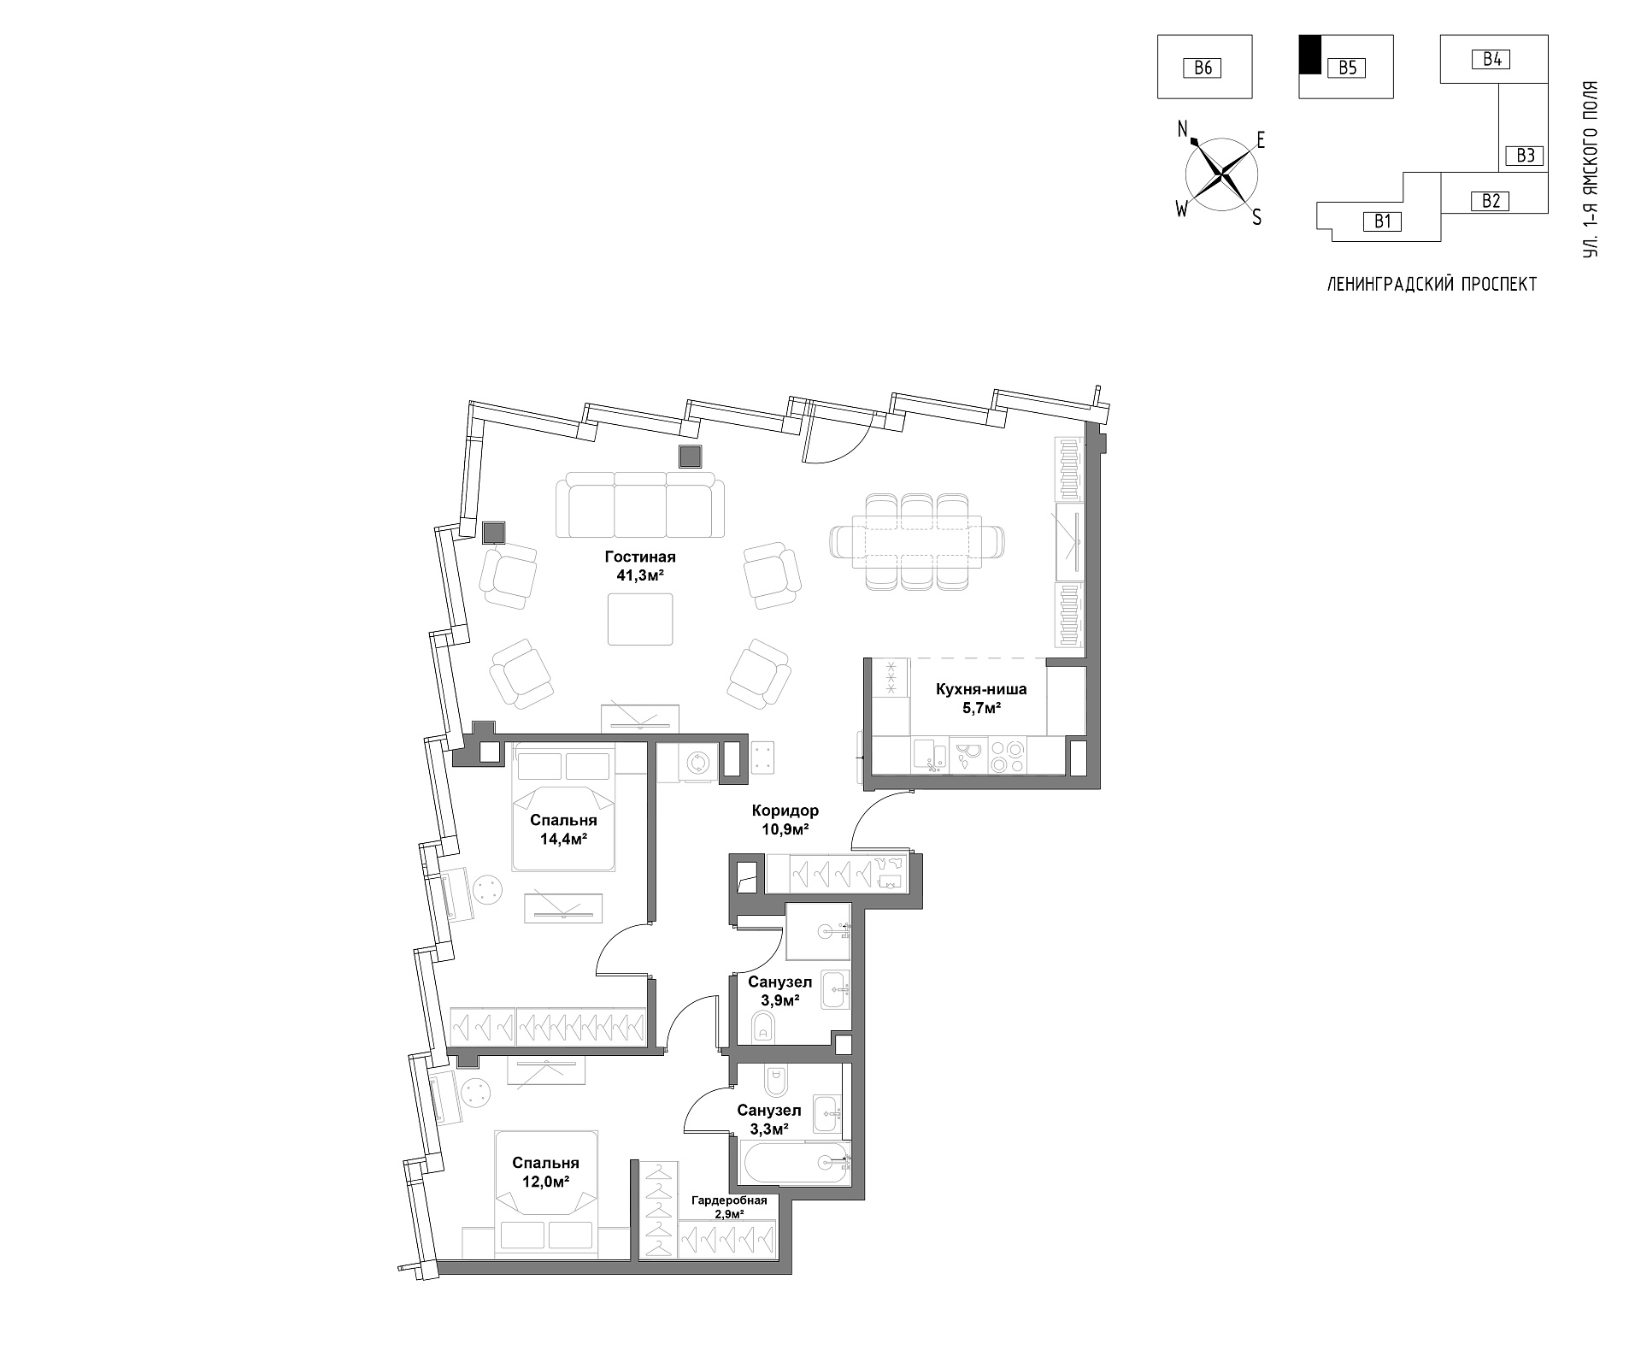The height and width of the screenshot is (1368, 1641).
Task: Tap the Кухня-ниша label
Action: (x=981, y=689)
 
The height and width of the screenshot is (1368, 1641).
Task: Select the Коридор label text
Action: (x=785, y=811)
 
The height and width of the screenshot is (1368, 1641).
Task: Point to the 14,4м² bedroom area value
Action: (x=563, y=840)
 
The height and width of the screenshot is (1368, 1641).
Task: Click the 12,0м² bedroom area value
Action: (x=546, y=1182)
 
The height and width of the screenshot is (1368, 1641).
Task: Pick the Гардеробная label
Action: (x=729, y=1200)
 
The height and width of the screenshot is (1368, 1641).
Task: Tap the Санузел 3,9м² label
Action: (x=779, y=991)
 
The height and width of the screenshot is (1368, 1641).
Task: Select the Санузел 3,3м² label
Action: (x=769, y=1119)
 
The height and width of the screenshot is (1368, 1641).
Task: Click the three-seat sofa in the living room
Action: (x=639, y=505)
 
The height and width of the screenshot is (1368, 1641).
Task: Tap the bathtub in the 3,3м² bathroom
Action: (x=796, y=1162)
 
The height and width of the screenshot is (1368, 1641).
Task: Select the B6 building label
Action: (x=1203, y=68)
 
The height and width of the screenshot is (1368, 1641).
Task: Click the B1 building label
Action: (x=1383, y=221)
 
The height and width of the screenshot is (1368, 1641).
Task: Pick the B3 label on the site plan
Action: (x=1526, y=156)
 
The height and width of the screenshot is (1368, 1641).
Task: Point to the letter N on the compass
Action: (x=1184, y=129)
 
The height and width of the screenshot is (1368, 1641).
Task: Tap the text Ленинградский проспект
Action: (x=1432, y=285)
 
